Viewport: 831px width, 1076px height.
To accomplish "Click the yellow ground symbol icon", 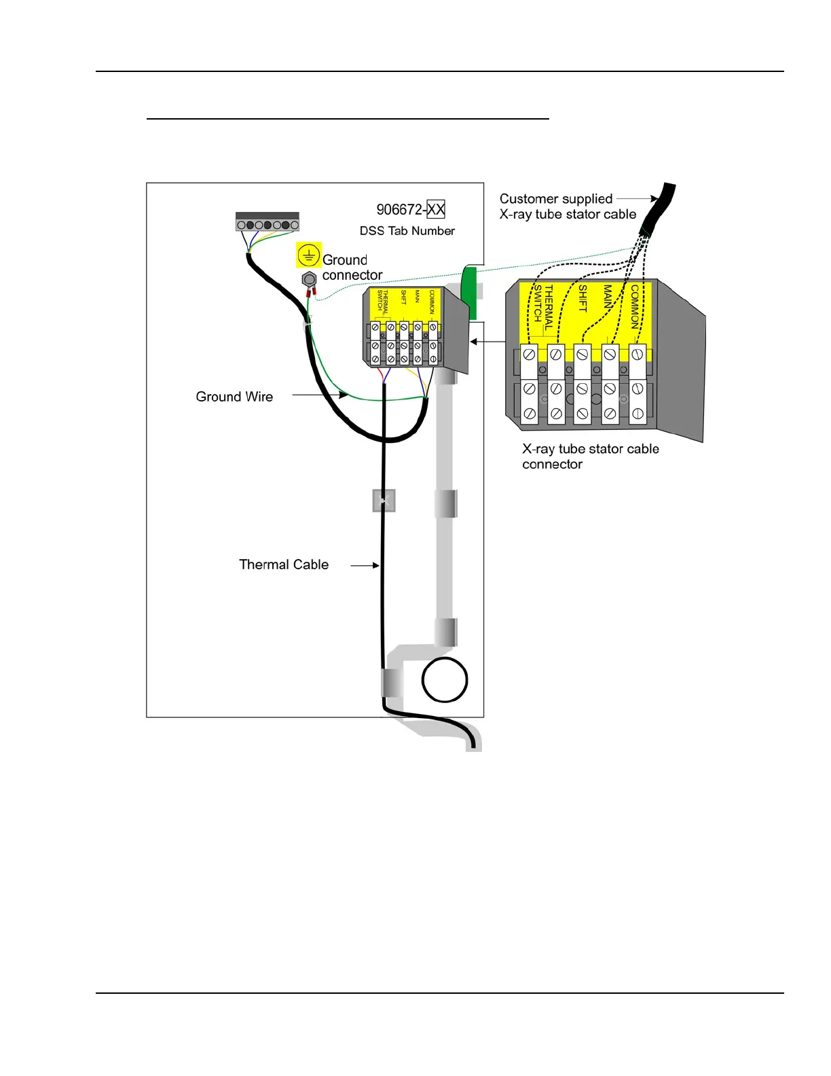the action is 309,256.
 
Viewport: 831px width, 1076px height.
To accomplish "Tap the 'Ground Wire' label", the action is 234,397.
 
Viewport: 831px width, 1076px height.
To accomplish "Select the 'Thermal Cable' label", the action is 284,564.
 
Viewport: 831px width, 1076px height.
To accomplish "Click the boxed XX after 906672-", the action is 436,209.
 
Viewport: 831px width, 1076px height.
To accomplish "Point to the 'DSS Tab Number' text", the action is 407,231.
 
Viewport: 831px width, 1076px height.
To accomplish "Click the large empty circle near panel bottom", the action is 445,680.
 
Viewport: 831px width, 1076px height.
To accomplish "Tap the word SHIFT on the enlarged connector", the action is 583,299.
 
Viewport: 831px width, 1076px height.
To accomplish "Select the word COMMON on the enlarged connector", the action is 635,306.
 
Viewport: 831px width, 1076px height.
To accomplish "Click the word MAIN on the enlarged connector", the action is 608,297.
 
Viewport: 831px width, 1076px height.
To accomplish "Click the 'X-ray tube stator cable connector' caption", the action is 590,456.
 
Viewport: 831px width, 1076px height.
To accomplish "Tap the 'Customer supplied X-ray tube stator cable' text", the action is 568,207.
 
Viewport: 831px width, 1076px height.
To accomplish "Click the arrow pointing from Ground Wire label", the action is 320,395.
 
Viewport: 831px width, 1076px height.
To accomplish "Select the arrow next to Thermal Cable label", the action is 365,564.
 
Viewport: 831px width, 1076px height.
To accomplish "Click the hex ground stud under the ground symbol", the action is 309,279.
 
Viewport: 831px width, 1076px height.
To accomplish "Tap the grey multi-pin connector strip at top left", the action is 267,222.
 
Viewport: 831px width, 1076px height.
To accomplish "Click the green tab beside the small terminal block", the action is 468,292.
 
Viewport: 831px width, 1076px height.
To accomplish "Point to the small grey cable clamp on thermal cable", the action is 384,501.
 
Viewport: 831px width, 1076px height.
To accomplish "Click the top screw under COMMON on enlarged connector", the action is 638,354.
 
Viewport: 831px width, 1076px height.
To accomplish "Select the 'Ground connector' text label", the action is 352,268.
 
